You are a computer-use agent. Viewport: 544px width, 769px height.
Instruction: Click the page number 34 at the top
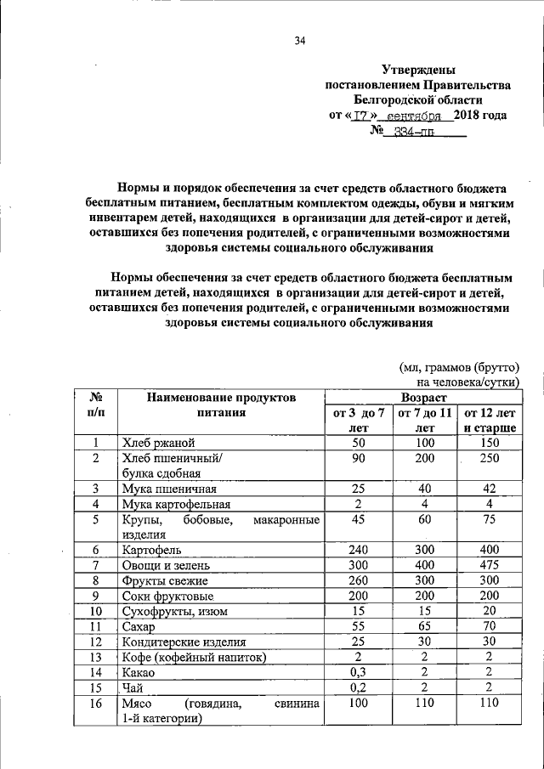coord(299,40)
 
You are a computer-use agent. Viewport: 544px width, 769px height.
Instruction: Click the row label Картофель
coord(155,550)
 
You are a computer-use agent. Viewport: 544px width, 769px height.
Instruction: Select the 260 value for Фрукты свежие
coord(359,580)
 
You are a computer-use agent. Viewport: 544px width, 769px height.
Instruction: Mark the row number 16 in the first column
coord(97,704)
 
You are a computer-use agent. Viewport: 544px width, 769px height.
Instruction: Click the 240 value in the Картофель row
coord(359,550)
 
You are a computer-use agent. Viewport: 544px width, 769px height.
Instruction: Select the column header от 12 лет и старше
coord(489,421)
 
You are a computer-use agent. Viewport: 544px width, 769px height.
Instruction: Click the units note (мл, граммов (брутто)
coord(458,367)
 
